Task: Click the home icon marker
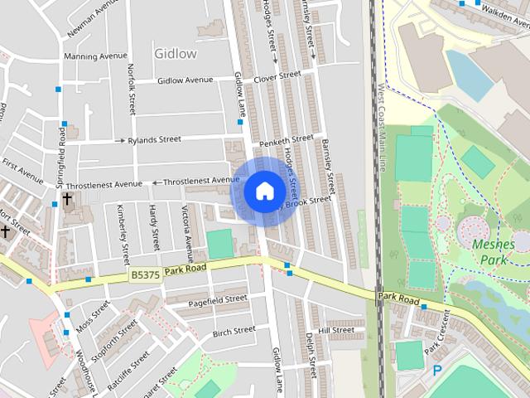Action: [x=264, y=192]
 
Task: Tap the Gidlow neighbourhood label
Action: [x=176, y=53]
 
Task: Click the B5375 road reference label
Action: [x=144, y=273]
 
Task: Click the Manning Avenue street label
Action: [x=96, y=56]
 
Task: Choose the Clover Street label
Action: [x=277, y=75]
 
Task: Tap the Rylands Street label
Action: [x=154, y=140]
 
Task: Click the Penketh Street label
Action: [x=287, y=141]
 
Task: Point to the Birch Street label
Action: [x=234, y=331]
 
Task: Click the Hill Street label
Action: [x=335, y=330]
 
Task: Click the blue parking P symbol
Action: [x=437, y=371]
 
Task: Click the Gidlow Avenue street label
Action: [x=185, y=80]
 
